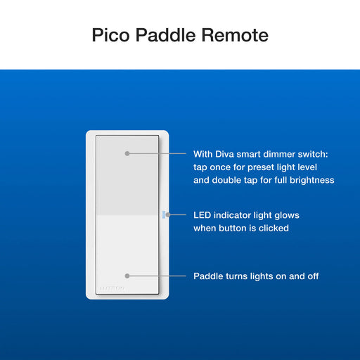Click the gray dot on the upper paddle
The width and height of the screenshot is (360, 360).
pos(127,153)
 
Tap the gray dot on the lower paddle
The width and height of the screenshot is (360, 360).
pos(127,276)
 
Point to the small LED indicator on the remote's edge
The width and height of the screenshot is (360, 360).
pos(162,214)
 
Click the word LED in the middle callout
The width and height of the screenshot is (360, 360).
pos(203,215)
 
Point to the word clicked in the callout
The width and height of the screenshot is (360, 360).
pos(273,229)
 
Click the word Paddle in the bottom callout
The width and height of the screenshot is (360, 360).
pos(209,276)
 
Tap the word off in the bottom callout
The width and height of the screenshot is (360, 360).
pos(311,276)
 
